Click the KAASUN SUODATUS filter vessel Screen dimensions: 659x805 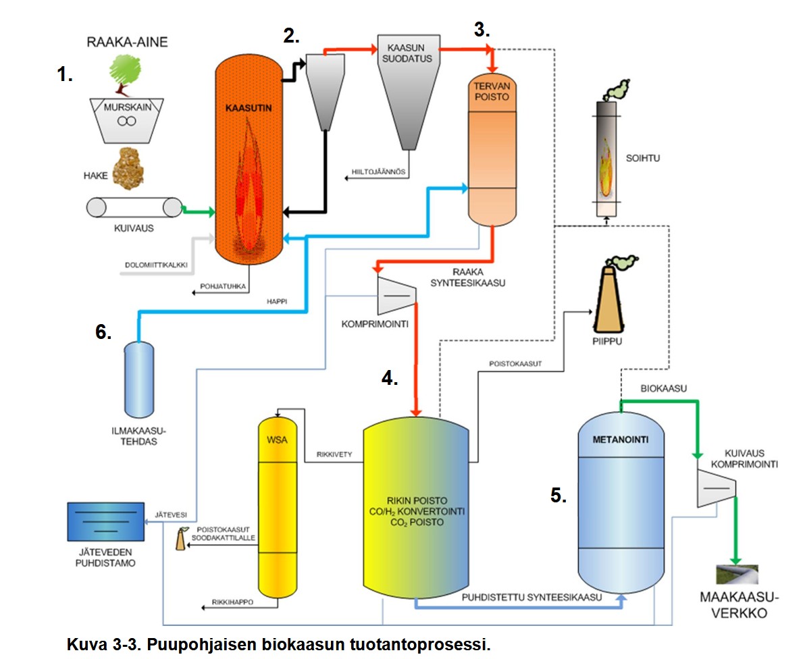tap(405, 88)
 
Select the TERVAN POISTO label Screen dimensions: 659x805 tap(490, 91)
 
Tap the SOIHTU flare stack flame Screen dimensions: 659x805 tap(607, 159)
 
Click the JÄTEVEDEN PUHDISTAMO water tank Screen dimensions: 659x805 tap(106, 522)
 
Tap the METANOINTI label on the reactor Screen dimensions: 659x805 tap(621, 440)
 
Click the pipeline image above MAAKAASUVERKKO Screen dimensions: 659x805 tap(739, 574)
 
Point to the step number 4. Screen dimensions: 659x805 tap(390, 378)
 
